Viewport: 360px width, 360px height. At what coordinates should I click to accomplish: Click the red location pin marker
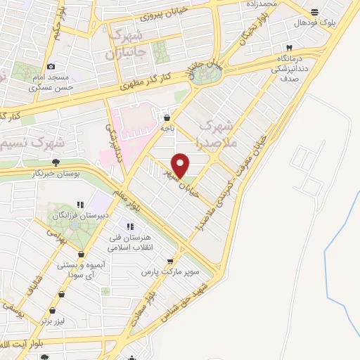click(181, 165)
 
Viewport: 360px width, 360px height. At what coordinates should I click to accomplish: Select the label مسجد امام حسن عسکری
click(49, 82)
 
